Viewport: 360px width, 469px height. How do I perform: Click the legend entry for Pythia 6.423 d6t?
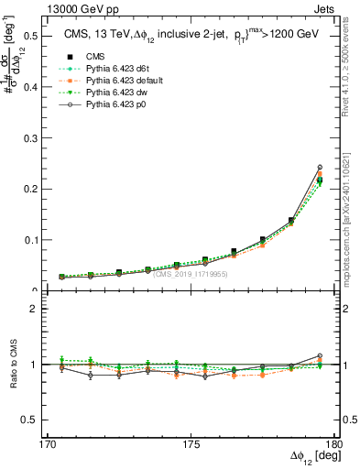(104, 69)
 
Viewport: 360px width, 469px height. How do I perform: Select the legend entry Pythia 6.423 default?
(109, 81)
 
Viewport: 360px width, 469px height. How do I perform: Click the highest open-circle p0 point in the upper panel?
(320, 168)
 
